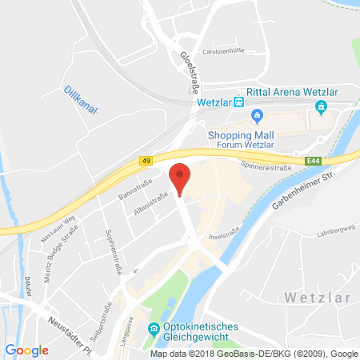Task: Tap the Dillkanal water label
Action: tap(81, 99)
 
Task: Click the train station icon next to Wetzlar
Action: tap(238, 102)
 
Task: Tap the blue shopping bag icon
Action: tap(258, 118)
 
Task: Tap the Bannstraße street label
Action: tap(113, 197)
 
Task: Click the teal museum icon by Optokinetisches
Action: tap(153, 329)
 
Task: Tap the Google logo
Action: tap(26, 350)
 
